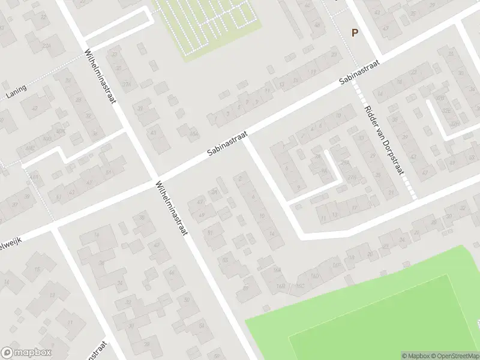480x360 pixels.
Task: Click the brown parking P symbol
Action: click(355, 34)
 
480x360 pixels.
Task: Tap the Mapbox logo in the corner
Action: click(26, 353)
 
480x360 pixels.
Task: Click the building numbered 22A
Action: click(47, 46)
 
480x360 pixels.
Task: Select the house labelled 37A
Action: click(127, 84)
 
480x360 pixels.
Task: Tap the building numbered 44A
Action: click(193, 133)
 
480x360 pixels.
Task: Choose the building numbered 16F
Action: click(337, 265)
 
